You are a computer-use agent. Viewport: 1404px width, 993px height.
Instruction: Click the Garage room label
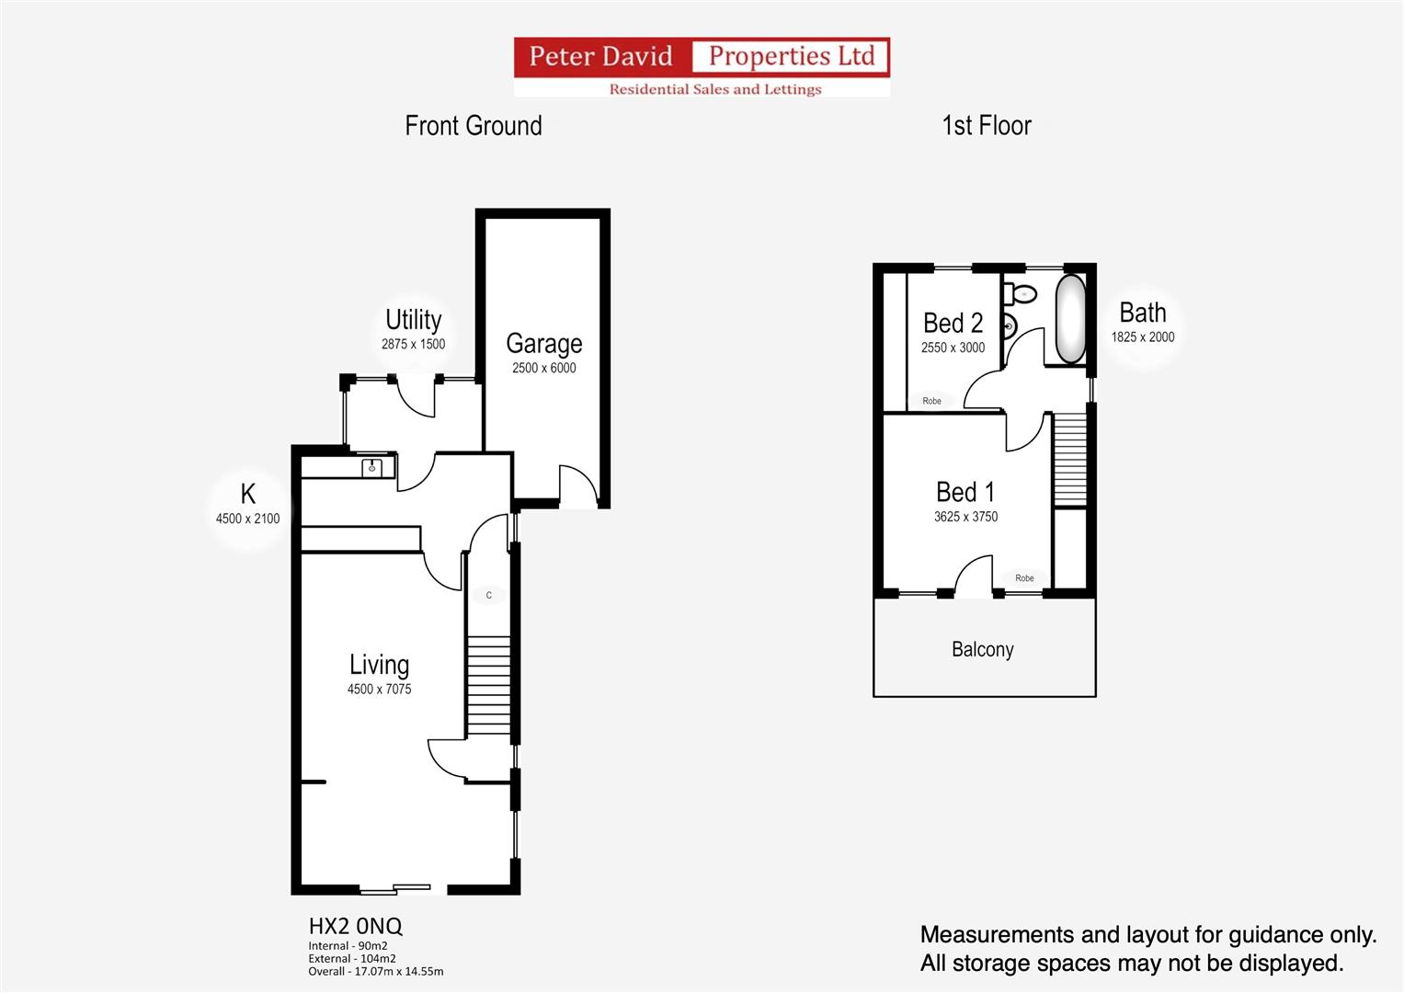click(x=543, y=344)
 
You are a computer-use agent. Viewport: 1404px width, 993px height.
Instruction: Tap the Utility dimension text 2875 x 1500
click(x=413, y=345)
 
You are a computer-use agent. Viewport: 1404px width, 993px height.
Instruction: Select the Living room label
click(x=379, y=665)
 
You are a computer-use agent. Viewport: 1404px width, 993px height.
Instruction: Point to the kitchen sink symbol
click(x=372, y=467)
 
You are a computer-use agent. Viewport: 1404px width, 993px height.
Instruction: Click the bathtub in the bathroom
click(x=1069, y=319)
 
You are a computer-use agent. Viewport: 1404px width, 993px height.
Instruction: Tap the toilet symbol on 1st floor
click(x=1021, y=294)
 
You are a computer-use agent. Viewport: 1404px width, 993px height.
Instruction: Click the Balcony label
click(x=982, y=650)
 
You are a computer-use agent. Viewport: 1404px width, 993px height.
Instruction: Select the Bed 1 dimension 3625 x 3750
click(x=965, y=517)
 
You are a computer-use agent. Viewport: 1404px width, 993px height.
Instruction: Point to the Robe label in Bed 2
click(x=931, y=401)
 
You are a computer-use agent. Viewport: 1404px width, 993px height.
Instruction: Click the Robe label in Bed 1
click(x=1024, y=578)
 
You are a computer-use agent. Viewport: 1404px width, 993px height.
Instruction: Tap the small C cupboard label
click(x=488, y=596)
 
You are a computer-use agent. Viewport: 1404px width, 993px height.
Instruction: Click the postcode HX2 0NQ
click(x=355, y=926)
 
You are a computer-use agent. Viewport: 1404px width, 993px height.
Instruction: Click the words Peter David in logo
click(x=600, y=57)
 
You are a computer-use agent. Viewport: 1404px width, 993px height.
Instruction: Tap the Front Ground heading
click(x=473, y=126)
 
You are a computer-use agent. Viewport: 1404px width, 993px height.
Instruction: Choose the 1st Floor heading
click(x=986, y=126)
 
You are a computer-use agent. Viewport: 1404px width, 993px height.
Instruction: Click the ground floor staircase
click(x=488, y=686)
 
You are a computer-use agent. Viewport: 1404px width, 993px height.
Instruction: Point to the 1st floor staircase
click(x=1069, y=460)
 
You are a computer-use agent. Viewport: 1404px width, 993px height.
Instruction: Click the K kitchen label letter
click(x=247, y=495)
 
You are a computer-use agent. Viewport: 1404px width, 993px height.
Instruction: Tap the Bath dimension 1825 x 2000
click(x=1142, y=337)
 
